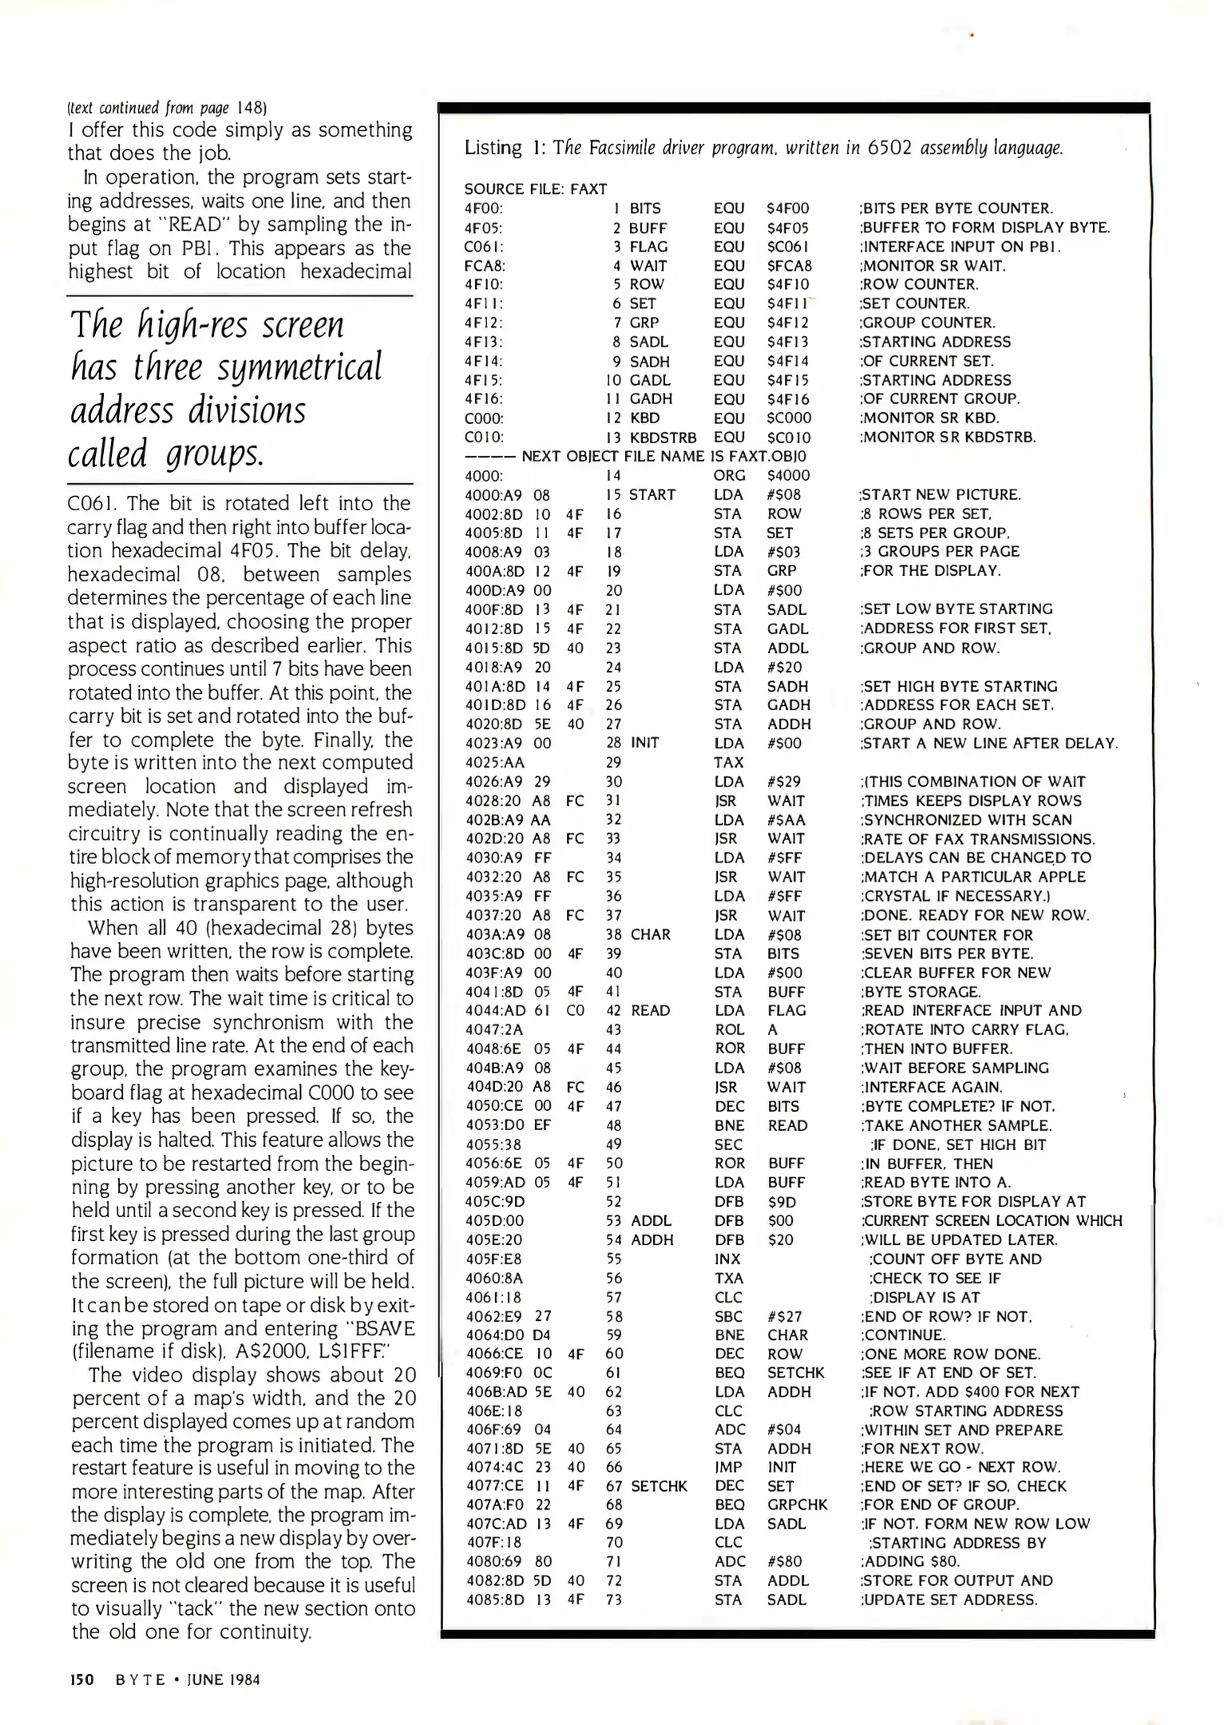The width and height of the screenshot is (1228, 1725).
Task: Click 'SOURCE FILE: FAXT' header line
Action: coord(536,189)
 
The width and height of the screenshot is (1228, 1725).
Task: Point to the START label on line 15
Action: coord(652,494)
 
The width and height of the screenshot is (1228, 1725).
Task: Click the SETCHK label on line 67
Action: coord(659,1486)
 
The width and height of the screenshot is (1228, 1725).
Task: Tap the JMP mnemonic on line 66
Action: coord(729,1467)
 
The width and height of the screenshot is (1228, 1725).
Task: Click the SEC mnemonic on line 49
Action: coord(729,1144)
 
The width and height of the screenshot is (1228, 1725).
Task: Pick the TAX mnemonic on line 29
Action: coord(729,763)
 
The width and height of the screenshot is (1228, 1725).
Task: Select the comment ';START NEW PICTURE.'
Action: coord(941,494)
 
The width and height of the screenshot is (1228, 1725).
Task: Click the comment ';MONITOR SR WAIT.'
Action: coord(933,266)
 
